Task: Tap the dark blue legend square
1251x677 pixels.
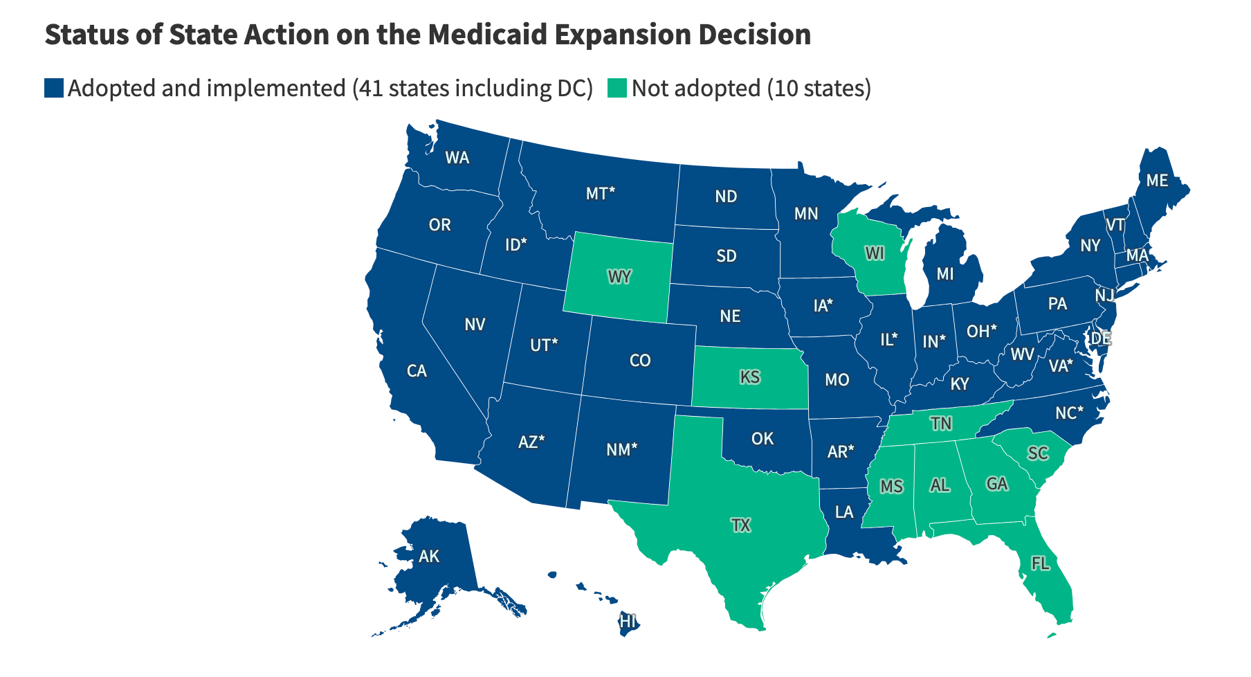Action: (54, 89)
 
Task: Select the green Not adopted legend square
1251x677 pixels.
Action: (617, 89)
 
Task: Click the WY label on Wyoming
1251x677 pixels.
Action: (619, 278)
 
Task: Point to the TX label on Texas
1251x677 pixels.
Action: (740, 525)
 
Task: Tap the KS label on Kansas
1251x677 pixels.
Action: (749, 377)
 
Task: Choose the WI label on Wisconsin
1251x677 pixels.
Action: (875, 253)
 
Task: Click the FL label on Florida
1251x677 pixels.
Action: (1040, 563)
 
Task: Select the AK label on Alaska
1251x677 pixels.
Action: (429, 556)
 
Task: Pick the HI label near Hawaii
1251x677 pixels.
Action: (628, 621)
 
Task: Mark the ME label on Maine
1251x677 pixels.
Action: (1156, 181)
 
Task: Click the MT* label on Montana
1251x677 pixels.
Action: (600, 194)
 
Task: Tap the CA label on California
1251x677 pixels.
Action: (417, 371)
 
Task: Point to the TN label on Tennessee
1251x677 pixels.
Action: (940, 423)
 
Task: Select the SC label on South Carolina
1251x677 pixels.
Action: (1038, 453)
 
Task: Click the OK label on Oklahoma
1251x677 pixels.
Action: (763, 438)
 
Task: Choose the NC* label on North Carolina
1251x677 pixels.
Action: (1069, 413)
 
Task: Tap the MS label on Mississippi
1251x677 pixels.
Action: (891, 487)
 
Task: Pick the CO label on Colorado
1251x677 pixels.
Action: (640, 360)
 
